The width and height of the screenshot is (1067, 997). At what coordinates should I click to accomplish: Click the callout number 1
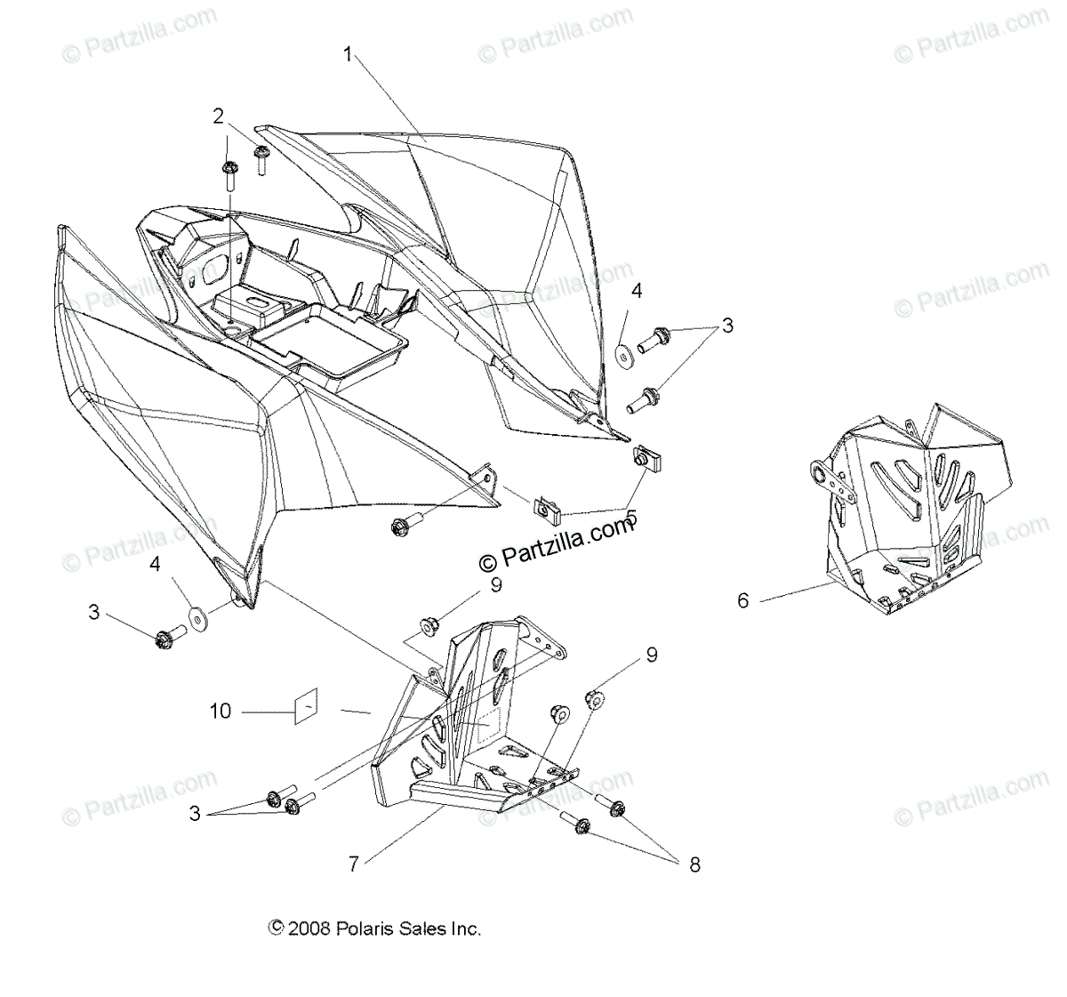[349, 55]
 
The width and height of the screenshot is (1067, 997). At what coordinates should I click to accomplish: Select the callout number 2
[218, 116]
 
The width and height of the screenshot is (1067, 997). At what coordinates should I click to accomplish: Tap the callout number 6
[743, 600]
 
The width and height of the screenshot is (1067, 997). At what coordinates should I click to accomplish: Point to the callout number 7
[354, 863]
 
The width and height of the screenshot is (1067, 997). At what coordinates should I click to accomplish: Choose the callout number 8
[694, 863]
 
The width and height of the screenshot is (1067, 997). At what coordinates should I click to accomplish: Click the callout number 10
[221, 711]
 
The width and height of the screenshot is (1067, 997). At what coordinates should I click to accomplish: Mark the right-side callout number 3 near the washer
[727, 326]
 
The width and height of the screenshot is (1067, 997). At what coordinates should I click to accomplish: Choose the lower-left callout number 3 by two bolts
[195, 813]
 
